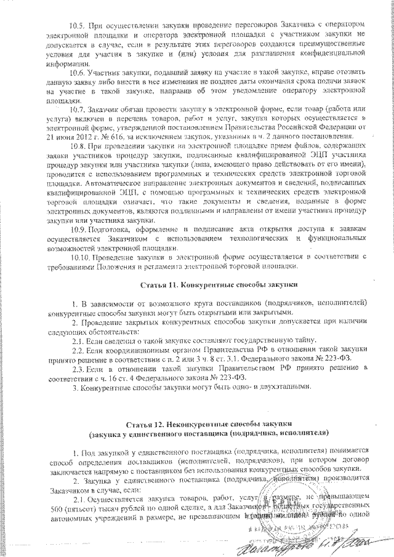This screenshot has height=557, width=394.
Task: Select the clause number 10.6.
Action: (76, 72)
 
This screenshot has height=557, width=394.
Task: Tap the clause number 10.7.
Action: (76, 110)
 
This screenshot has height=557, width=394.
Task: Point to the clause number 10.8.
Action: (76, 146)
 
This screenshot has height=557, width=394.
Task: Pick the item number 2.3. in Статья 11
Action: (77, 368)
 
